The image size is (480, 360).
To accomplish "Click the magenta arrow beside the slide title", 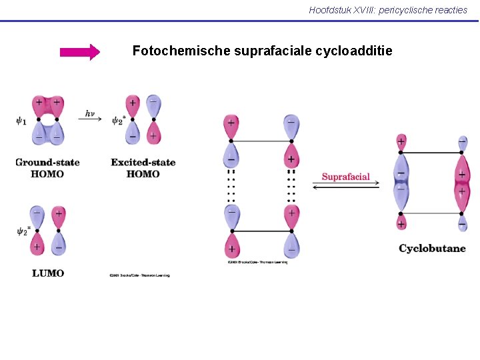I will pos(79,52).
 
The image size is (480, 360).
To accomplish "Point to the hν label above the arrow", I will pos(93,113).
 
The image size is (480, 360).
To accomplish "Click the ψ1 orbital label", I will pos(22,121).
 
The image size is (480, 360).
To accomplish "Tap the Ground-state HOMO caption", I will pos(47,168).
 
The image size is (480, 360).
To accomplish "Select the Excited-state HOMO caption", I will pos(143,168).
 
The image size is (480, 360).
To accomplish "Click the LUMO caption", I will pos(48,273).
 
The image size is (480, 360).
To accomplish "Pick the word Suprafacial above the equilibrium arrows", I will pos(345,177).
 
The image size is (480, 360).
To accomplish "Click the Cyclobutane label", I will pos(432,249).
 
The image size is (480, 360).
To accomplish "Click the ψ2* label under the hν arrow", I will pos(118,121).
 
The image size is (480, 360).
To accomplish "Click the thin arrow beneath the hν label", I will pos(93,119).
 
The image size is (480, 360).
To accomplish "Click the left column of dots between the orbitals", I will pos(231,187).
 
